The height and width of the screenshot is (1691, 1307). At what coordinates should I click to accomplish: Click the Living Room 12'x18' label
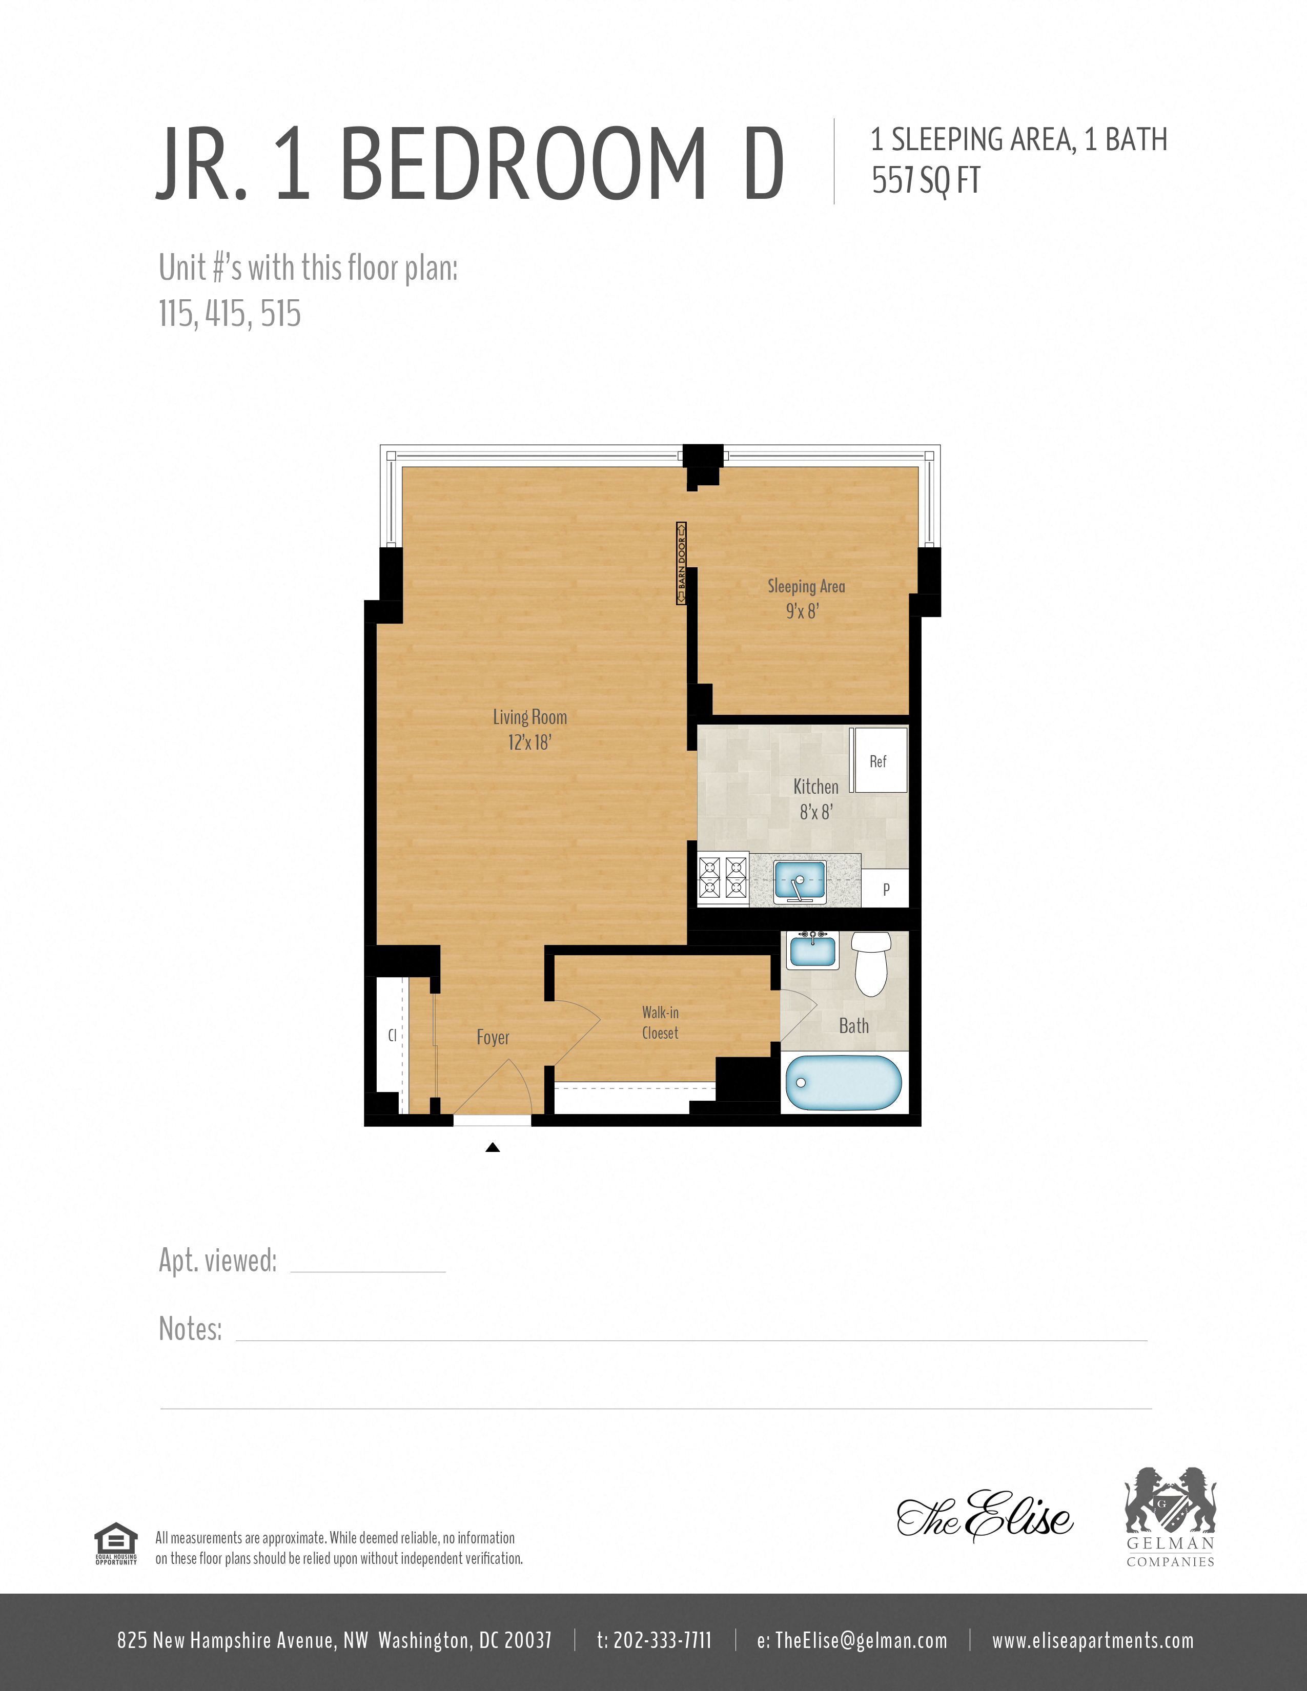click(x=529, y=729)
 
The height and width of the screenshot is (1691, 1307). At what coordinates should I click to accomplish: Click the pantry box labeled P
click(x=886, y=890)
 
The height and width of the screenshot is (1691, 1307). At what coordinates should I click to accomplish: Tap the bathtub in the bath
click(x=843, y=1082)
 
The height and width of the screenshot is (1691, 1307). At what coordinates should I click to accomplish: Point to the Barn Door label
click(x=681, y=563)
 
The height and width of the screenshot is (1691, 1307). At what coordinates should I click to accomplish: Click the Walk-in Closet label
click(x=660, y=1022)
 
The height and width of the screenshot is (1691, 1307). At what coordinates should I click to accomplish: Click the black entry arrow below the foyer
click(x=493, y=1147)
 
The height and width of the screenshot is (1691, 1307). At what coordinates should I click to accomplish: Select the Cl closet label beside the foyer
click(x=392, y=1035)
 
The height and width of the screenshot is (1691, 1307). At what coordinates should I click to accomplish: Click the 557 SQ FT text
click(x=925, y=180)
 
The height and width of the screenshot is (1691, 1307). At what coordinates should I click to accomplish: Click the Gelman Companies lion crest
click(x=1170, y=1501)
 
